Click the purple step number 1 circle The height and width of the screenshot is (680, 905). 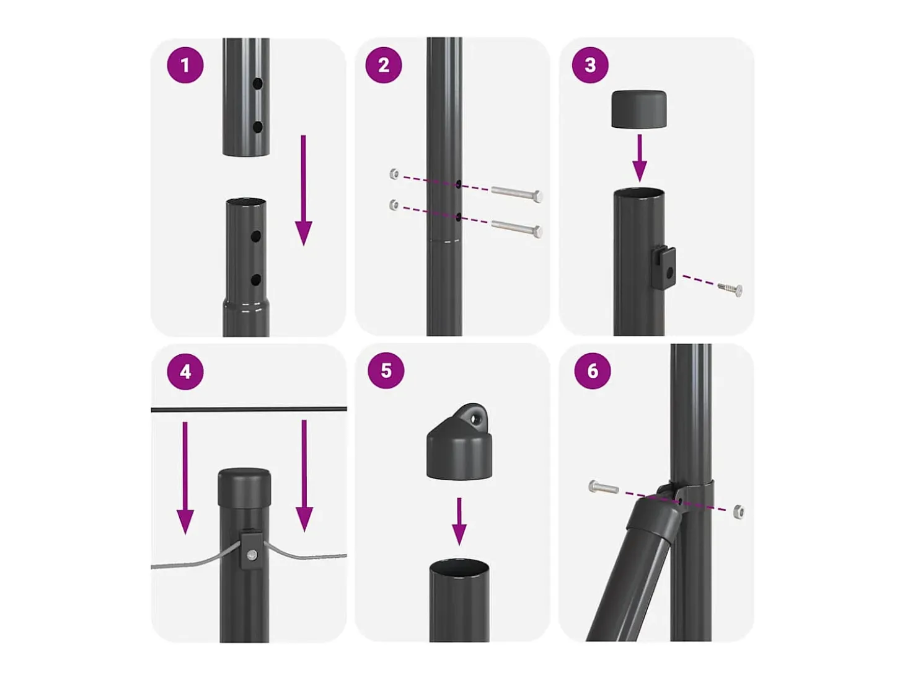[185, 65]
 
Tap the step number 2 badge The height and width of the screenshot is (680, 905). [384, 65]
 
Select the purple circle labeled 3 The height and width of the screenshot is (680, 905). [590, 65]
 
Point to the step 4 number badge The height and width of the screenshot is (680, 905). [185, 372]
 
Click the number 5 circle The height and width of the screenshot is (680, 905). [386, 370]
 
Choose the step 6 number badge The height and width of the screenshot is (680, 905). [593, 370]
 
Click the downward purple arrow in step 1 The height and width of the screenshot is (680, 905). [304, 190]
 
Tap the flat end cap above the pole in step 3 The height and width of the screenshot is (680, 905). [638, 109]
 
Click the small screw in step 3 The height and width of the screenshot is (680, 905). [730, 289]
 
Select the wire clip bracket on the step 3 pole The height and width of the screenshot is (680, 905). [663, 267]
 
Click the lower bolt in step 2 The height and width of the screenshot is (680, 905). [516, 228]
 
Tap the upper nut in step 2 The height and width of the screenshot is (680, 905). [394, 174]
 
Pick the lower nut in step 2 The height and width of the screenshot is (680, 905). [394, 204]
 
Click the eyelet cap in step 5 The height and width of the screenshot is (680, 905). [459, 442]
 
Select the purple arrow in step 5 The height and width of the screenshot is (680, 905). [459, 521]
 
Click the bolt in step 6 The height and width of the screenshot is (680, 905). [604, 487]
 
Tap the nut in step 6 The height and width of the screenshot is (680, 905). [739, 512]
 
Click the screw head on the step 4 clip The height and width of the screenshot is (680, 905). [251, 555]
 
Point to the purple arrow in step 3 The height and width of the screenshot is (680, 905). [640, 158]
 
